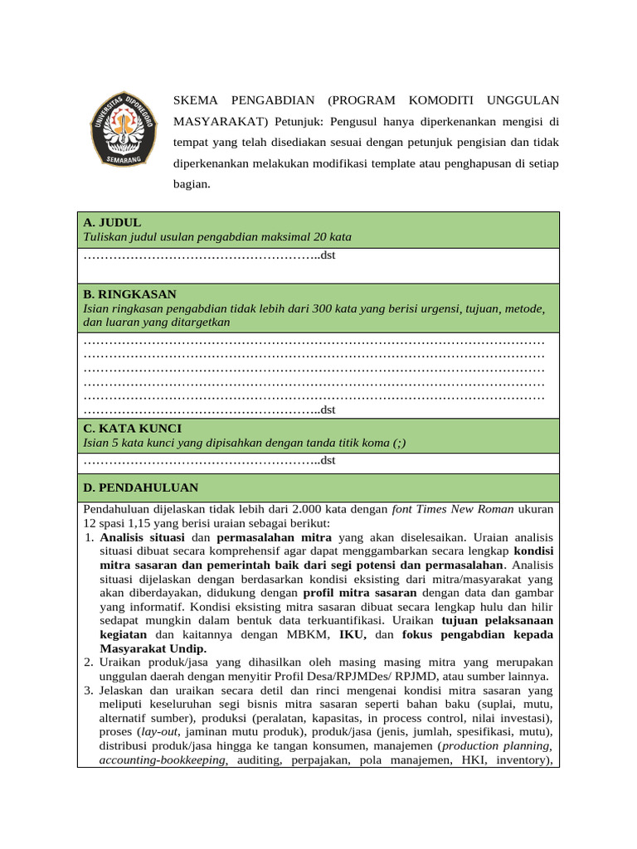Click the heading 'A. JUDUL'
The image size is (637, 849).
(x=112, y=222)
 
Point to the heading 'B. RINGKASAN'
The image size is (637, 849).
(x=129, y=294)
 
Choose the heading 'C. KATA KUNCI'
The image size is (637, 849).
(x=132, y=428)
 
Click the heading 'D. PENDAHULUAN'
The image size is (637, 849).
(x=140, y=488)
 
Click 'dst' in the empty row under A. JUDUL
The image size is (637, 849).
(x=328, y=255)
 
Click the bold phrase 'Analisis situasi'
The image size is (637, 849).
(x=143, y=537)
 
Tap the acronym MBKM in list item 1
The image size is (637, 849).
(x=307, y=634)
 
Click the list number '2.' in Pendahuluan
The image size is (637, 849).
(x=90, y=662)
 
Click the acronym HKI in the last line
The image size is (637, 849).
(x=469, y=760)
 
